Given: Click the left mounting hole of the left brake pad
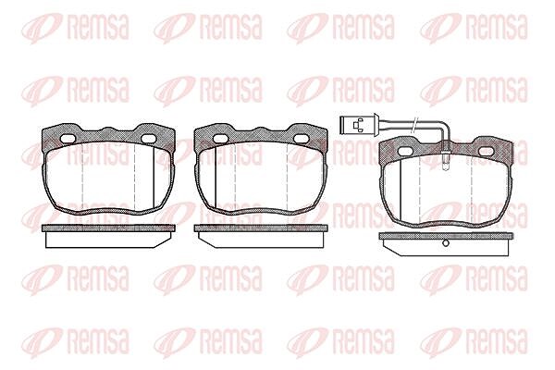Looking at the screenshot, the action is tap(67, 139).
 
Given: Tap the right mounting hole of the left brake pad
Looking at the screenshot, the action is tap(148, 139).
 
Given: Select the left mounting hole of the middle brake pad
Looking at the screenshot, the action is tap(220, 139).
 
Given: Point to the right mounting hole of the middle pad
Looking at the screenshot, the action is tap(302, 139).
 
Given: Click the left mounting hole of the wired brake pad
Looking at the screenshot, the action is tap(405, 151).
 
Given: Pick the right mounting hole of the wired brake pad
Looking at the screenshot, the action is tap(486, 151).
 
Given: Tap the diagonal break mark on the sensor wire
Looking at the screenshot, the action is tap(413, 124).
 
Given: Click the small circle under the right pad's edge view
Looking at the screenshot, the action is tap(446, 243).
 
